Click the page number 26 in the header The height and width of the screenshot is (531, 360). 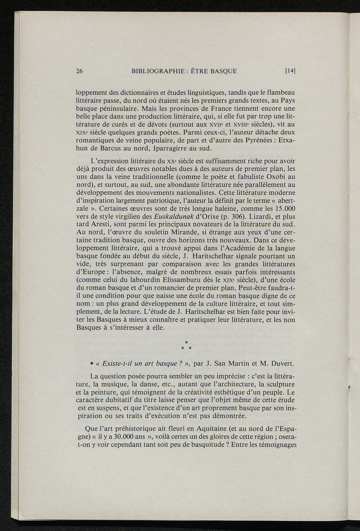[79, 71]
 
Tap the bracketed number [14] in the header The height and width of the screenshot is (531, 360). [290, 71]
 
